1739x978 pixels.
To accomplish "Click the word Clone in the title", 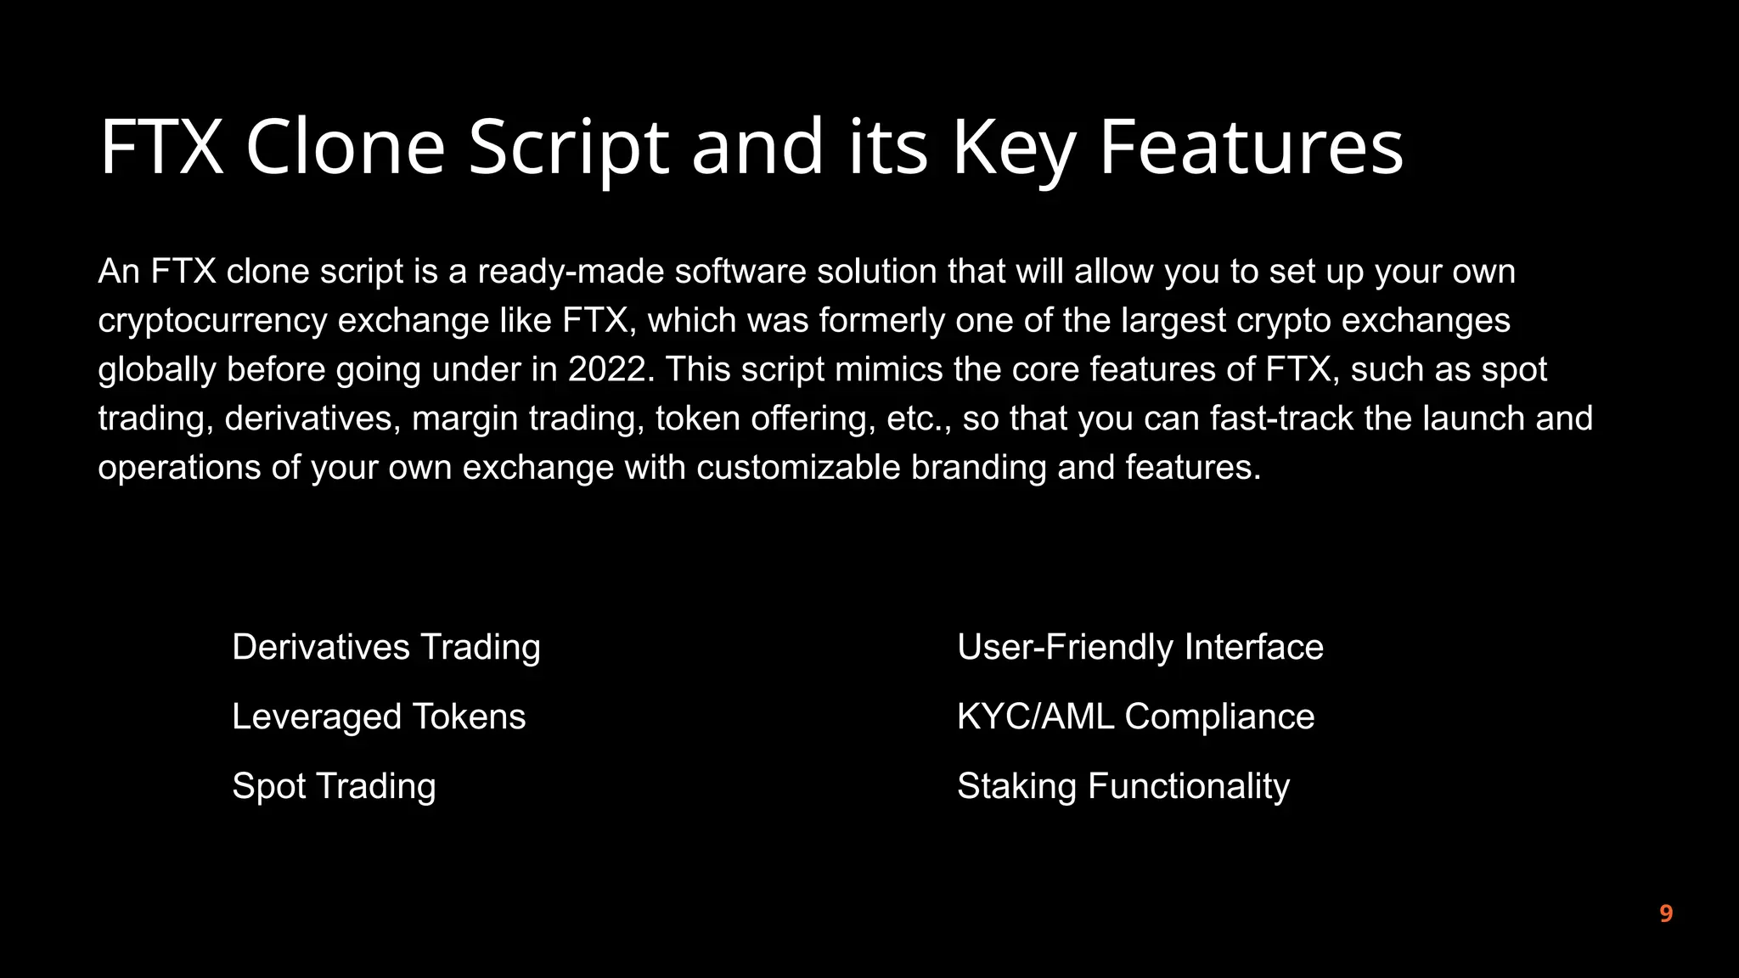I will (345, 147).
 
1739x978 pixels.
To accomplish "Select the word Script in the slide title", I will (568, 149).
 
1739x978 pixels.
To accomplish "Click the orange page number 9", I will (1666, 914).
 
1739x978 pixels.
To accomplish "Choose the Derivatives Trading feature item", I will (386, 648).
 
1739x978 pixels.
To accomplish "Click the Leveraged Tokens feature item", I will (379, 717).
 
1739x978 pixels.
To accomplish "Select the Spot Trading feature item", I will (334, 787).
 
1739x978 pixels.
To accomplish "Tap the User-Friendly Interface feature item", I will (1140, 648).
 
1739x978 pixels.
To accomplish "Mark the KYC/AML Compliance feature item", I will (1135, 717).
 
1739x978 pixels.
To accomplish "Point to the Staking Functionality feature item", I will (1123, 787).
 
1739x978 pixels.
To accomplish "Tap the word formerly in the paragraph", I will (881, 322).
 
